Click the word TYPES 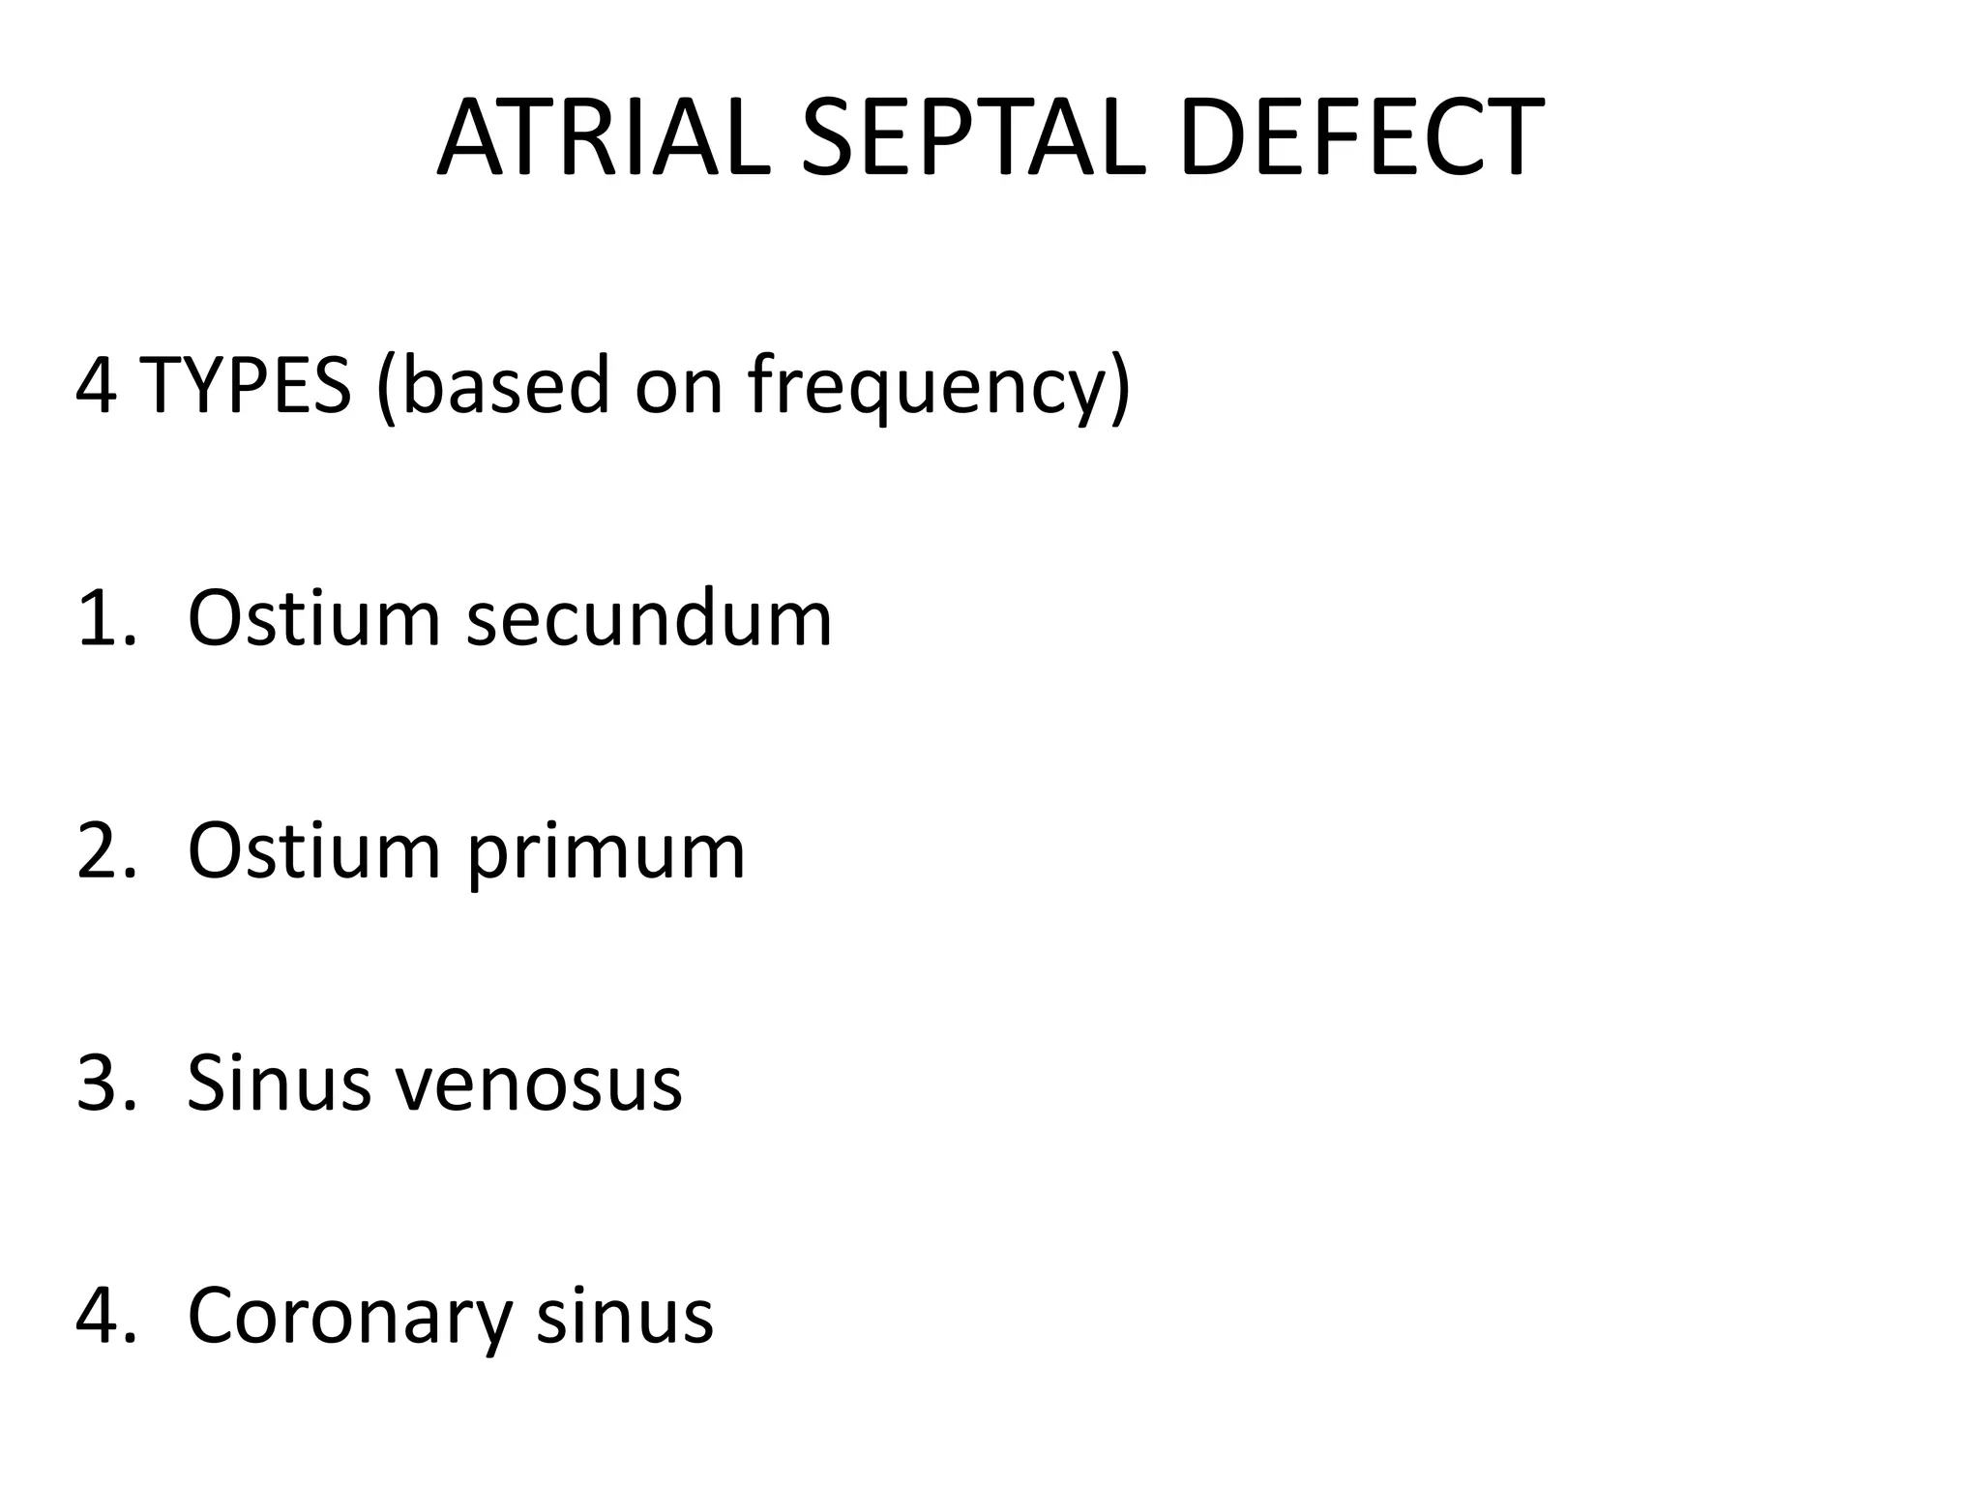pyautogui.click(x=246, y=385)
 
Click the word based pyautogui.click(x=505, y=385)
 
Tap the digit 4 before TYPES pyautogui.click(x=97, y=385)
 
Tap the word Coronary pyautogui.click(x=348, y=1318)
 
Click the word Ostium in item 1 pyautogui.click(x=313, y=619)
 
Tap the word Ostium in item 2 pyautogui.click(x=313, y=851)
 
